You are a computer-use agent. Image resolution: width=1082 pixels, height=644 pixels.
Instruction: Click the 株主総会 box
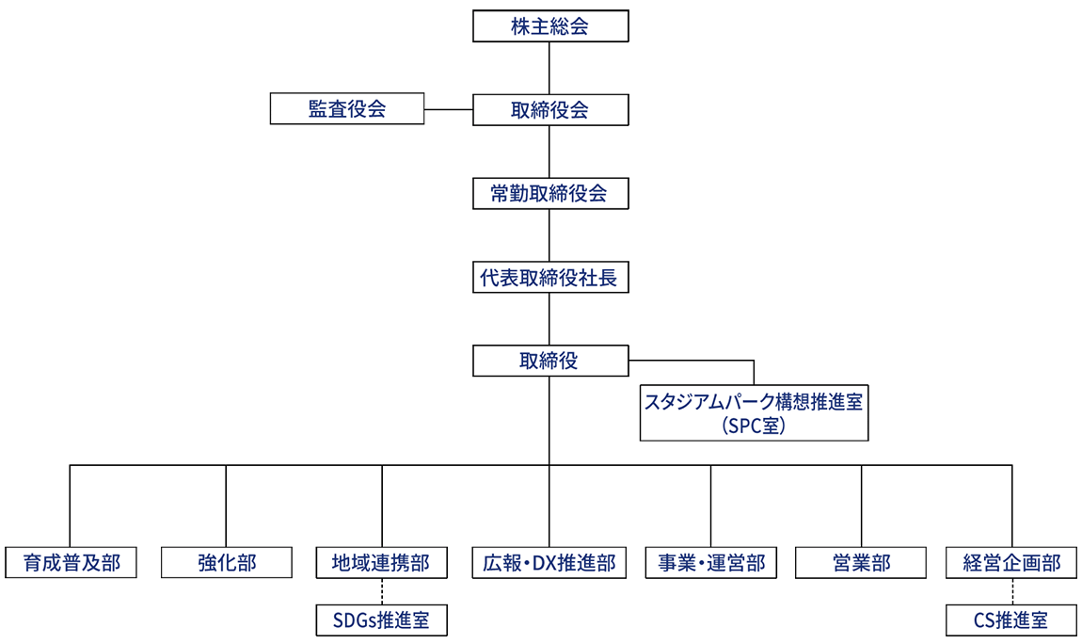(x=549, y=26)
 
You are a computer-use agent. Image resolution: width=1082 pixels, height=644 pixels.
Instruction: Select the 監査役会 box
(x=347, y=109)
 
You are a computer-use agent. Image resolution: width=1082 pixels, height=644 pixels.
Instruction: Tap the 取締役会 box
(x=549, y=109)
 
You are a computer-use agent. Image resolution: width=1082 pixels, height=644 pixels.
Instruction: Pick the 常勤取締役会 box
(x=549, y=194)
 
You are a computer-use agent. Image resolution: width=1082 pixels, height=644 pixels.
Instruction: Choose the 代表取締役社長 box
(x=549, y=278)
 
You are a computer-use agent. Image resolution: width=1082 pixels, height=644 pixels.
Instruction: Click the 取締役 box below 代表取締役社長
(x=549, y=361)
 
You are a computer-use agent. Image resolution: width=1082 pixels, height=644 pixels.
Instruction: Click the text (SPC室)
(x=753, y=425)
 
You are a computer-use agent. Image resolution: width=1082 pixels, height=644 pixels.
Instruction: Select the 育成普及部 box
(x=71, y=563)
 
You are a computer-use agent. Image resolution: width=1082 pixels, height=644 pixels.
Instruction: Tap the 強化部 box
(x=226, y=563)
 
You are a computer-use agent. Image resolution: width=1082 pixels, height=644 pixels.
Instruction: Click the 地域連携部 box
(x=381, y=563)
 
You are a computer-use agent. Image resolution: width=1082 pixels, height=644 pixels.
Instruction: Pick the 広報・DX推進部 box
(x=549, y=563)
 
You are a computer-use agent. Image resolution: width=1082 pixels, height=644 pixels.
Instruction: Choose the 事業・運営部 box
(x=710, y=563)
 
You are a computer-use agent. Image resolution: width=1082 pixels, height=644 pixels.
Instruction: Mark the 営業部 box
(x=861, y=563)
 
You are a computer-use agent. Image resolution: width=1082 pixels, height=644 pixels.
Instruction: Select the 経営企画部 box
(x=1012, y=563)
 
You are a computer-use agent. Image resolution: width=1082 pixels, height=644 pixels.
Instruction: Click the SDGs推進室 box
(x=381, y=620)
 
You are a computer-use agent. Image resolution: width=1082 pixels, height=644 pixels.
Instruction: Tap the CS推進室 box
(x=1012, y=620)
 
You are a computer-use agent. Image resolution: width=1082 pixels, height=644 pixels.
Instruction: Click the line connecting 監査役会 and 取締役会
(x=449, y=109)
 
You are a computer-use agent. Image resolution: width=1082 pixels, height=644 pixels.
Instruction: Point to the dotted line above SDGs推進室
(x=382, y=591)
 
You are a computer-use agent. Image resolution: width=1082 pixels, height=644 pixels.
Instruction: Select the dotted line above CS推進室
(x=1012, y=591)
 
